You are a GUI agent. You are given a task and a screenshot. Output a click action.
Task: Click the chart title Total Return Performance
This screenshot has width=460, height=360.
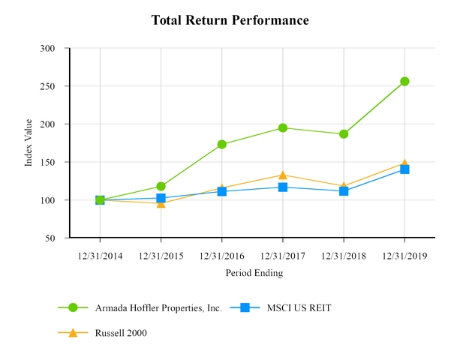[230, 20]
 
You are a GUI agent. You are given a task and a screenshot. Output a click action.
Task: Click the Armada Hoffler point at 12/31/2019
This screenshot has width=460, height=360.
[404, 81]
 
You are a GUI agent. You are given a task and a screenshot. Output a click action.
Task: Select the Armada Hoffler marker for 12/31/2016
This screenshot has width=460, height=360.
[222, 144]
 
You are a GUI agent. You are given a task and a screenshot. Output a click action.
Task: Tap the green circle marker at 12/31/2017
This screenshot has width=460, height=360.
[283, 127]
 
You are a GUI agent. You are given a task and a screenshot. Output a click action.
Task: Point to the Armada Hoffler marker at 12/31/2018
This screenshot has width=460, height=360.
[344, 134]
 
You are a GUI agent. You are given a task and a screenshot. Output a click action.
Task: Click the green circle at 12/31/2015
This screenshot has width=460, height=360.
[161, 186]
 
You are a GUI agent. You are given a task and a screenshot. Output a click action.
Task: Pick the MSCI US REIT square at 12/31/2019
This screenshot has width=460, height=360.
[404, 169]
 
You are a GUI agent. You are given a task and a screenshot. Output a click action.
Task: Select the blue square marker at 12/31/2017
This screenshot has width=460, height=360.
[283, 187]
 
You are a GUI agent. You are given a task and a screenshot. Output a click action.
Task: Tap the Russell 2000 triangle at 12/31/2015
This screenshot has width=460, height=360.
[161, 202]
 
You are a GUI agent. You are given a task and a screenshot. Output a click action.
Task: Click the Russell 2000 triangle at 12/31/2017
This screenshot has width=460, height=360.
[283, 175]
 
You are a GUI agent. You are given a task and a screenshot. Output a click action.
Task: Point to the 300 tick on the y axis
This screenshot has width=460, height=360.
[48, 49]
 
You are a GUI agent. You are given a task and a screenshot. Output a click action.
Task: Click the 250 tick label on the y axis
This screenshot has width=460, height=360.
[48, 86]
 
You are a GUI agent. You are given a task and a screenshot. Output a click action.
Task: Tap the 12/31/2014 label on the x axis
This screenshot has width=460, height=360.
[100, 256]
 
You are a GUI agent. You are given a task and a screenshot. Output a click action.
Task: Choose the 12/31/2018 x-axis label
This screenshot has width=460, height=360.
[344, 256]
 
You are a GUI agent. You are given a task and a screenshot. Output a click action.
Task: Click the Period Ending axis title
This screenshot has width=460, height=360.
[254, 273]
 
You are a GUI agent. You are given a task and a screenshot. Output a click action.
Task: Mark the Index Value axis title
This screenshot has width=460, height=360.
[29, 142]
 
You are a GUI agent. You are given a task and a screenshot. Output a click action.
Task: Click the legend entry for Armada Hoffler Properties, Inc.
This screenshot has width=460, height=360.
[158, 307]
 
